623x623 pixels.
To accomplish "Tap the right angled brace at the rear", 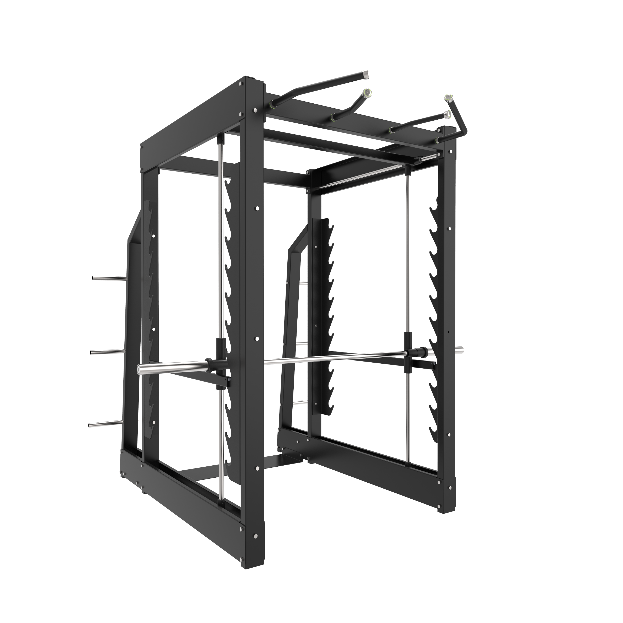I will [292, 323].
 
